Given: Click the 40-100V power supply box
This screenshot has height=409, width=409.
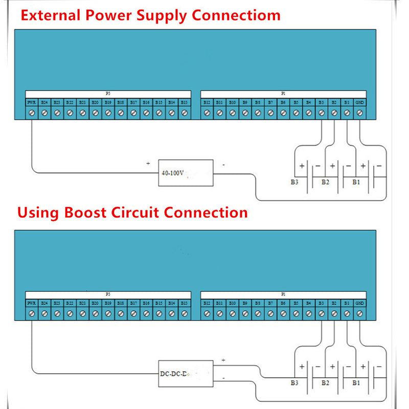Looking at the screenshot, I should (x=186, y=172).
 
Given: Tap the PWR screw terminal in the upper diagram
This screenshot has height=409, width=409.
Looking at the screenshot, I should (x=31, y=112).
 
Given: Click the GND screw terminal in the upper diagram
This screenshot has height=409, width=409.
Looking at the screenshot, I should (x=360, y=112).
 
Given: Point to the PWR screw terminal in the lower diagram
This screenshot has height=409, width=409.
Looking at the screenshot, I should (x=31, y=312).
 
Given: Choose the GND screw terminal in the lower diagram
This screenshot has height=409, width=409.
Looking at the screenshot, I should (x=360, y=312).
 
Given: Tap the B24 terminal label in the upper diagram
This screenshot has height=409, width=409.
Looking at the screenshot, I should (x=44, y=102).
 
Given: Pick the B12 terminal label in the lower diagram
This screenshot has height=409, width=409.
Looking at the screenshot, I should (x=207, y=303).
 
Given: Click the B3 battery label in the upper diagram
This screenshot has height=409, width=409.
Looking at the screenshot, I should (x=294, y=182).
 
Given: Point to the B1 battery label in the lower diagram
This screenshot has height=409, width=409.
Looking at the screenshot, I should (x=357, y=382).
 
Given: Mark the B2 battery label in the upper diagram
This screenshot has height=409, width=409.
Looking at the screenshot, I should (x=325, y=182).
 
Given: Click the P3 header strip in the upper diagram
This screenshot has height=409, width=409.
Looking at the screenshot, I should (x=108, y=94).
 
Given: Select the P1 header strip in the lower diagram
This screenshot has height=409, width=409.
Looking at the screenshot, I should (x=283, y=294).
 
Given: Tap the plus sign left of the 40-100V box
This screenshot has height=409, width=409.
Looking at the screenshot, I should (x=148, y=164).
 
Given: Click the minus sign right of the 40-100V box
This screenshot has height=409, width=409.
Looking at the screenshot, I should (x=223, y=165).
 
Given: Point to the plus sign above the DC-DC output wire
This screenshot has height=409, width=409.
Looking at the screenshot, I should (x=223, y=360).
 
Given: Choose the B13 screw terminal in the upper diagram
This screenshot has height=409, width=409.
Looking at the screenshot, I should (x=184, y=112).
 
